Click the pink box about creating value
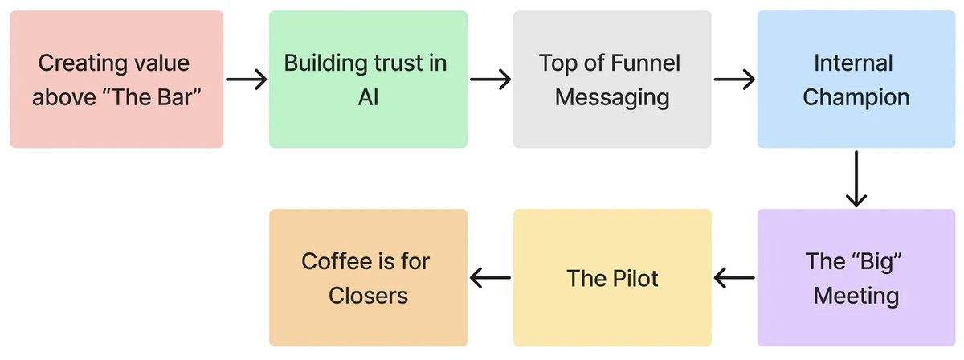point(116,80)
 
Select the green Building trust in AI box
point(368,80)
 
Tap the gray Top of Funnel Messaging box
point(612,80)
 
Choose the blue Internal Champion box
point(856,80)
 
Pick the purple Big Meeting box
point(856,278)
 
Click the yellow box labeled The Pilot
point(612,278)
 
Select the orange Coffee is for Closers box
point(368,278)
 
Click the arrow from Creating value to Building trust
point(246,80)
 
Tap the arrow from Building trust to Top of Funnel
point(490,80)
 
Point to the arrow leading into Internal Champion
point(734,80)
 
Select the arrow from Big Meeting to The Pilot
point(734,279)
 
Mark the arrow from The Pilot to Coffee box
point(490,279)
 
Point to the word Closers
point(368,296)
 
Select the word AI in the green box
point(368,97)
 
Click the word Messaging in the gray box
point(612,97)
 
